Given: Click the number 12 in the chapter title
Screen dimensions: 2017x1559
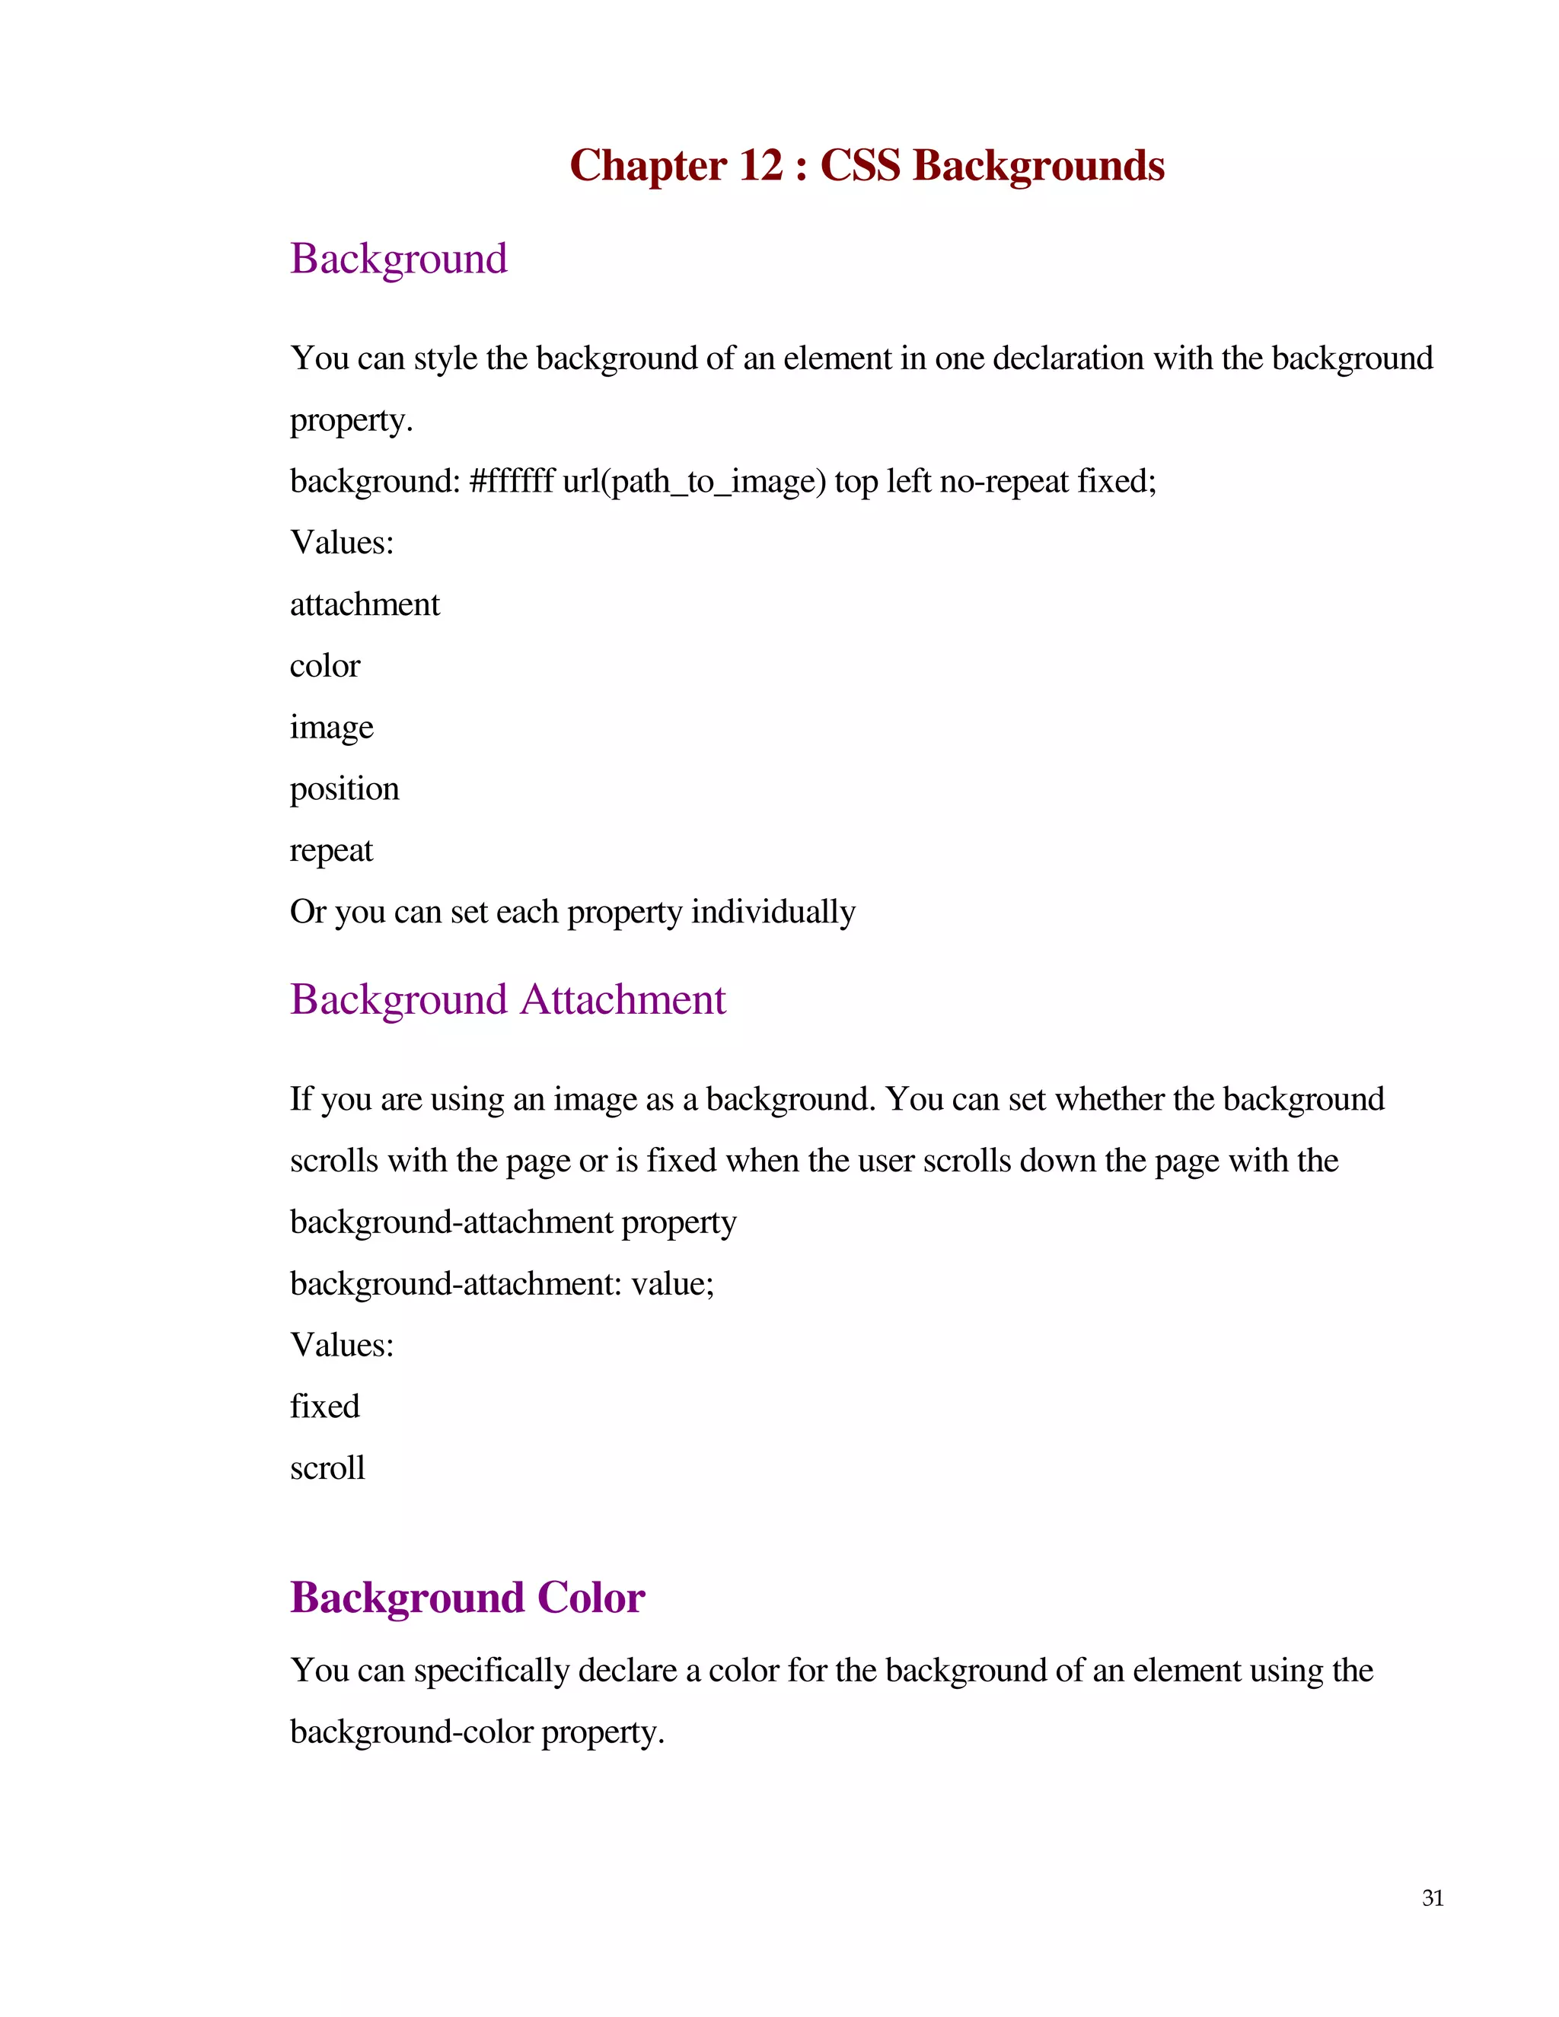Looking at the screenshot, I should point(761,165).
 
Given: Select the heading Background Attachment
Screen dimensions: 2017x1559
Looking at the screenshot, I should point(508,999).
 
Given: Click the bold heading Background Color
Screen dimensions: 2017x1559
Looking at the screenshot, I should point(467,1597).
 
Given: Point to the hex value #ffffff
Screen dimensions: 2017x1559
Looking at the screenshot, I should point(512,481).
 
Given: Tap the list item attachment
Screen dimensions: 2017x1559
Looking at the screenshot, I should point(365,604).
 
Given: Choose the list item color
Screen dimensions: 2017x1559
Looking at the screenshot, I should point(325,666).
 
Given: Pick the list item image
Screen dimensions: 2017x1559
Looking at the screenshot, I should point(332,728).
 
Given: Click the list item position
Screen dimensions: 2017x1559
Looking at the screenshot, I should point(345,789).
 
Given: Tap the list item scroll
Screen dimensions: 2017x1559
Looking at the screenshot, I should point(328,1467).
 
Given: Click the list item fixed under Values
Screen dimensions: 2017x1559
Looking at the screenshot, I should point(325,1406).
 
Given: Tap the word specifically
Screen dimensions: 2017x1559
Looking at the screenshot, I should point(491,1671).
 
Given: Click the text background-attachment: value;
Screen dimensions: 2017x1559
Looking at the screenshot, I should point(502,1284).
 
